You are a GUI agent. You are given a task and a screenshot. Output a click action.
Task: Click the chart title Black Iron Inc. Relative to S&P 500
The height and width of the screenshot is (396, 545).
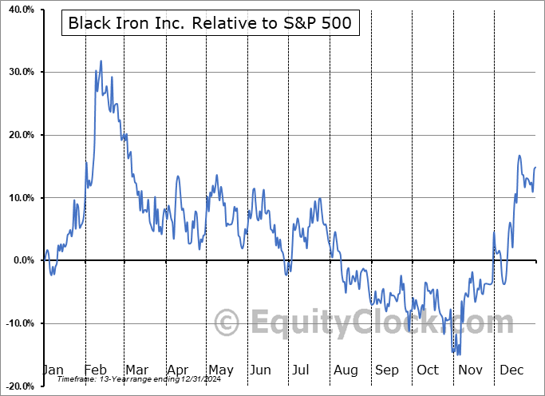209,23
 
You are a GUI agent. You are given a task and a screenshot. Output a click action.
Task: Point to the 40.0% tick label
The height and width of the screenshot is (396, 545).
18,9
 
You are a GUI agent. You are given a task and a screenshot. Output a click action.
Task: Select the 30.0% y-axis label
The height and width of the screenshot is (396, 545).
18,72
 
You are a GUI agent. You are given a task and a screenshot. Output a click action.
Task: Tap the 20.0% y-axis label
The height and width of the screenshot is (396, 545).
18,135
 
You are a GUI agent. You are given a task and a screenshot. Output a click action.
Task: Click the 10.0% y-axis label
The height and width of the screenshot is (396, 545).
18,198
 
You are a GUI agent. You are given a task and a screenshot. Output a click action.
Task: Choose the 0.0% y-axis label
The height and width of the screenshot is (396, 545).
22,260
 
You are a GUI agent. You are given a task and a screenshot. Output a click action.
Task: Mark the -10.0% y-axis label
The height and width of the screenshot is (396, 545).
17,323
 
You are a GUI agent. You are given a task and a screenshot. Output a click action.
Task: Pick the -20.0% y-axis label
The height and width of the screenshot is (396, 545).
17,386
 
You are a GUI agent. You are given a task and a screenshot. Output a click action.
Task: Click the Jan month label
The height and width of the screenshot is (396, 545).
53,370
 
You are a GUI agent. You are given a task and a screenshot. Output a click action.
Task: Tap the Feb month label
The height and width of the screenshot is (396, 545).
95,370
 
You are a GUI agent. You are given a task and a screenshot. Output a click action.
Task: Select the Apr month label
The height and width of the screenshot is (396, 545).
177,370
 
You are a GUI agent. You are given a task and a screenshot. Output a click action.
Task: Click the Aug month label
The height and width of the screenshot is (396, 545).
346,370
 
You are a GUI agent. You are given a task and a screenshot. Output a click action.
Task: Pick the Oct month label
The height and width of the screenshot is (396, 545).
428,370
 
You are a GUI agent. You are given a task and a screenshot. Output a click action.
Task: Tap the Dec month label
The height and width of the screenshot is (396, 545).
510,370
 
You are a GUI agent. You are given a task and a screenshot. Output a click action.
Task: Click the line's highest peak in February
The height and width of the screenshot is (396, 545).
101,61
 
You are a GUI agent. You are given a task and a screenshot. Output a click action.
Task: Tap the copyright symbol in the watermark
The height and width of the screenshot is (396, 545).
227,323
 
